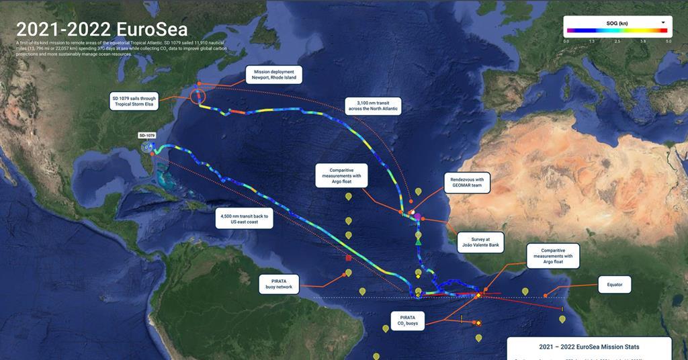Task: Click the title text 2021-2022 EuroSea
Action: click(101, 30)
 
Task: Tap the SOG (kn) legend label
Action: click(617, 24)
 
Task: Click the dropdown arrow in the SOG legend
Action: click(662, 22)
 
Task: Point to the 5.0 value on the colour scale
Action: click(668, 41)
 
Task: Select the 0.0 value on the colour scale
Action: click(566, 41)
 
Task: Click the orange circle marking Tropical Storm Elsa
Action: click(198, 96)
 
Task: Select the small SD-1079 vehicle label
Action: click(146, 135)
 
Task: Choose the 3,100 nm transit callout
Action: click(373, 105)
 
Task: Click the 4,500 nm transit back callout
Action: click(245, 220)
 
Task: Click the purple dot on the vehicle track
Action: click(417, 216)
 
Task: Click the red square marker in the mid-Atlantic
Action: click(348, 257)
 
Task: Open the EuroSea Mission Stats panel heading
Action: click(589, 347)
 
